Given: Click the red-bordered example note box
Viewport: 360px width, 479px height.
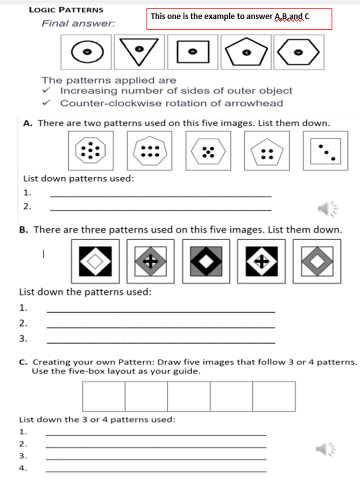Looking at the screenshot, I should pyautogui.click(x=239, y=19).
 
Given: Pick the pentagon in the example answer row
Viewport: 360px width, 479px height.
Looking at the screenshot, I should pyautogui.click(x=246, y=52).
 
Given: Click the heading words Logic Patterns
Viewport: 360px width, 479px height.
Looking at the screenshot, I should pyautogui.click(x=66, y=10).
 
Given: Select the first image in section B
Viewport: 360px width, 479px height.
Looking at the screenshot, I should pyautogui.click(x=96, y=261).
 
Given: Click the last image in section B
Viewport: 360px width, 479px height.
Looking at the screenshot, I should pyautogui.click(x=317, y=261).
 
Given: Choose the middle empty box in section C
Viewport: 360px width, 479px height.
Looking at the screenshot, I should pyautogui.click(x=189, y=396).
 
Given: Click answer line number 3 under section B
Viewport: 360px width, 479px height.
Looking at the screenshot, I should pyautogui.click(x=161, y=342).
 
